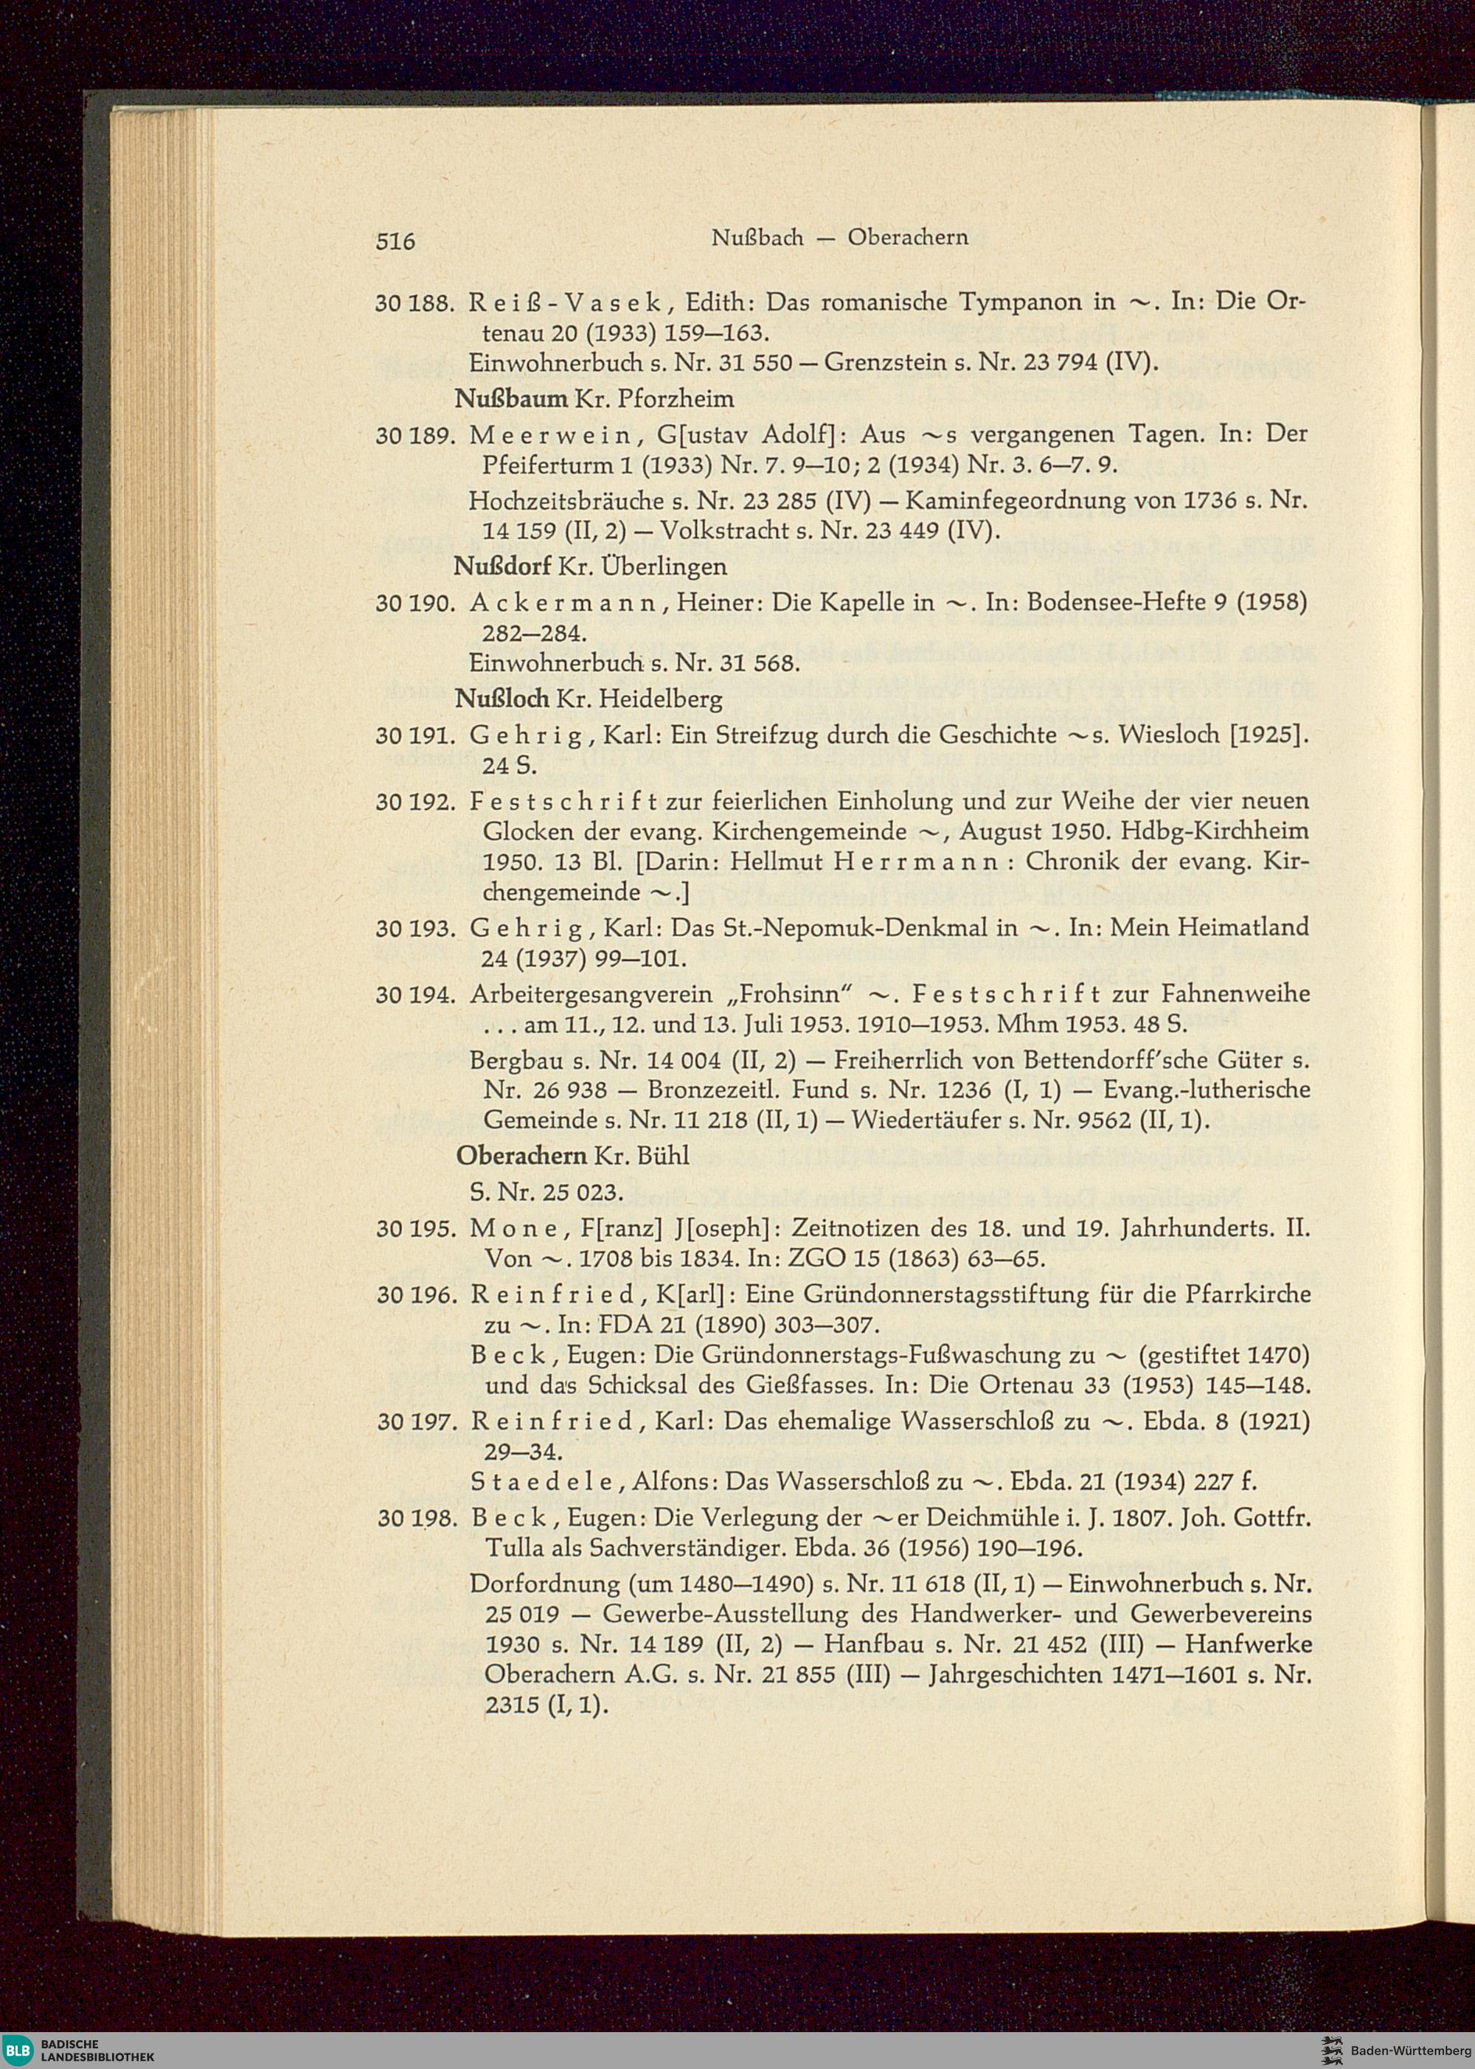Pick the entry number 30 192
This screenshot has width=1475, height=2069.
pos(413,802)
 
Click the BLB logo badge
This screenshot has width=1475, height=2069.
pos(17,2050)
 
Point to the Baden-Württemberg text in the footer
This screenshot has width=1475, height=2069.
pos(1407,2051)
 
